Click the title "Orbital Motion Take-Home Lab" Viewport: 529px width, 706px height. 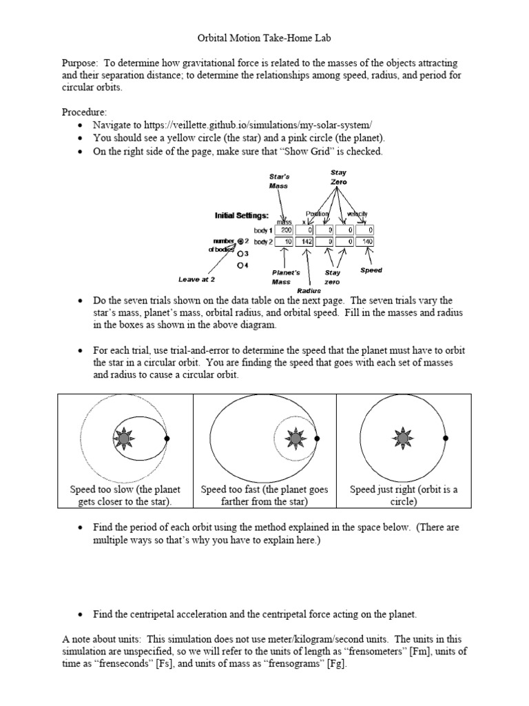pyautogui.click(x=264, y=41)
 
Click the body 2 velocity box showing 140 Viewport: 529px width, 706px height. pyautogui.click(x=366, y=242)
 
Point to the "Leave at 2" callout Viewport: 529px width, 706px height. pyautogui.click(x=198, y=280)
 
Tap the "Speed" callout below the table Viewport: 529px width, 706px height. pyautogui.click(x=371, y=271)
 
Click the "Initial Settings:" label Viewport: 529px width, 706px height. pyautogui.click(x=242, y=215)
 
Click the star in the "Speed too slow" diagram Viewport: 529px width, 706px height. pyautogui.click(x=123, y=438)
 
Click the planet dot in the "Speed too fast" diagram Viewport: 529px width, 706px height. pyautogui.click(x=316, y=438)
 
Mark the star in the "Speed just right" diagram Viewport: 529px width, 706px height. pyautogui.click(x=402, y=438)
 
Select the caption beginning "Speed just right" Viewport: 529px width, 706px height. pyautogui.click(x=403, y=496)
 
